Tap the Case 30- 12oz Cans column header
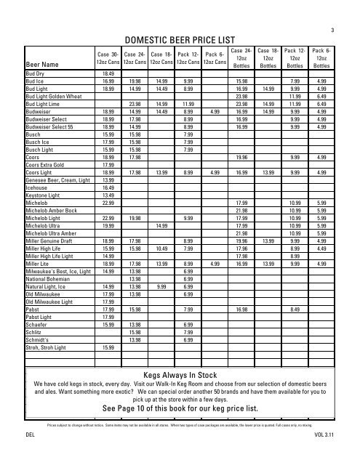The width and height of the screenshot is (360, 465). (108, 59)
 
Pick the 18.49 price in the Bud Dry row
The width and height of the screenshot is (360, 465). (108, 74)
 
